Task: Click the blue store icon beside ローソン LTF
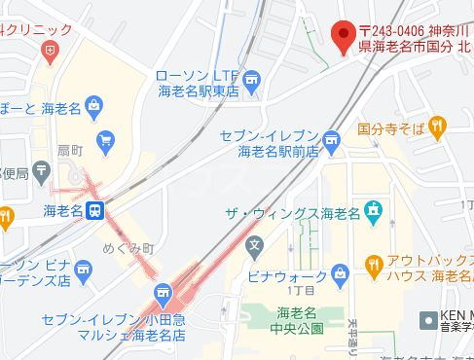pos(253,78)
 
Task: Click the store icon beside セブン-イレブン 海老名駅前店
pos(331,142)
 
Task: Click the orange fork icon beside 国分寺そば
pos(439,126)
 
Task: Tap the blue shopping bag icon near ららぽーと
pos(92,105)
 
